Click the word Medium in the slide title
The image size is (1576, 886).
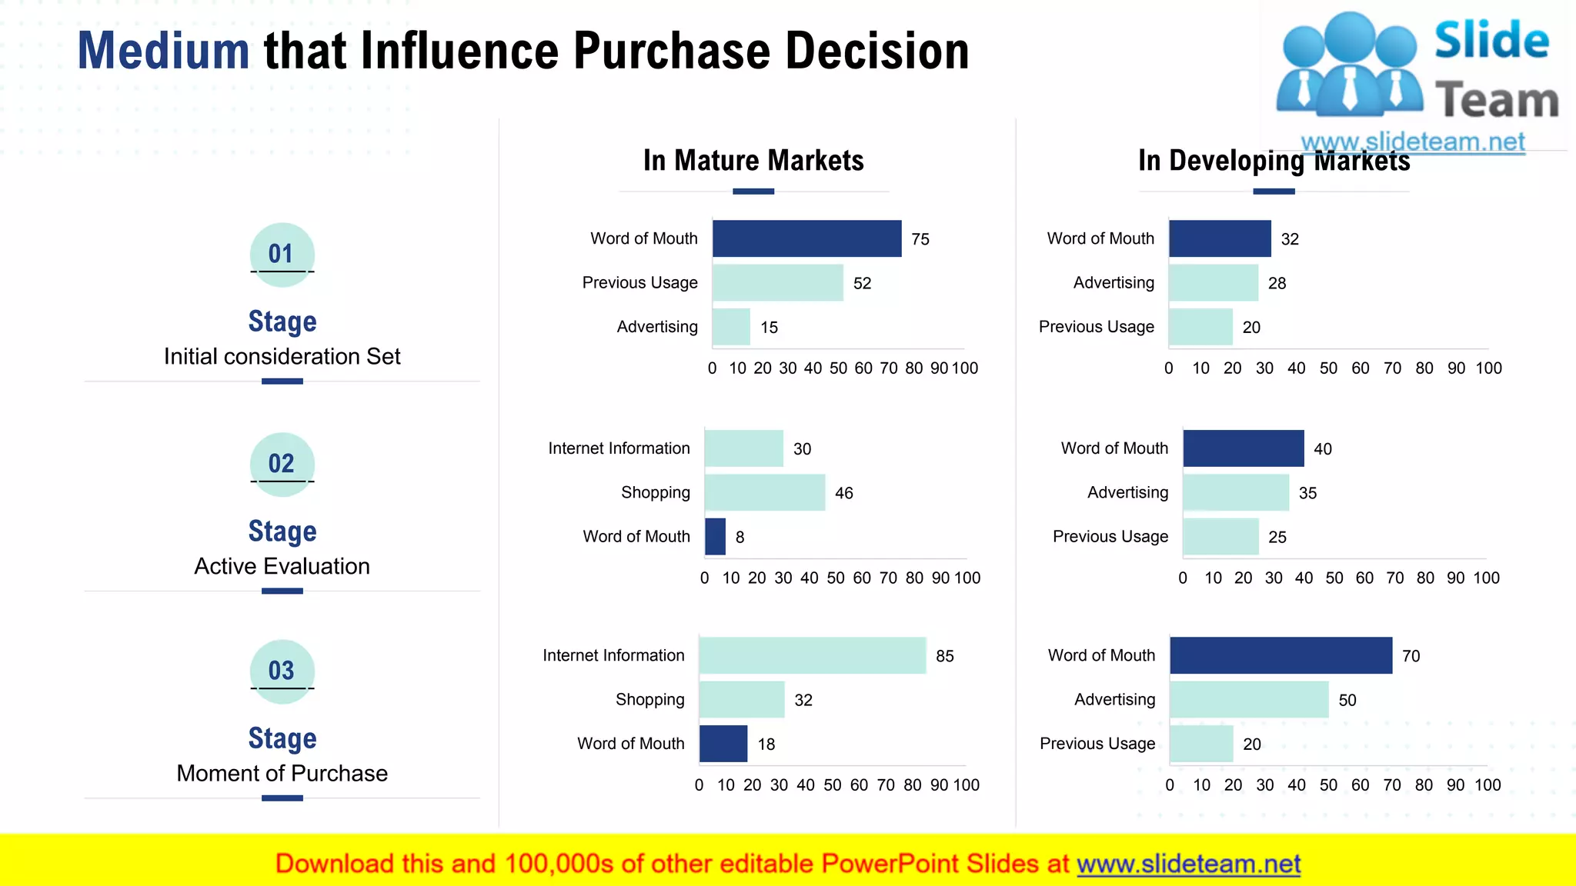(x=163, y=51)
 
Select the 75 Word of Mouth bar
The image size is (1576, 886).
(x=806, y=238)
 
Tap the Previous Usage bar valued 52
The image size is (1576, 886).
(x=777, y=283)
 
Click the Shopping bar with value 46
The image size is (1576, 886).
(x=764, y=492)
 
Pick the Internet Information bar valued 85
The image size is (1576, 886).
(x=812, y=655)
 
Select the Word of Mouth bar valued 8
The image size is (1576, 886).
(x=715, y=537)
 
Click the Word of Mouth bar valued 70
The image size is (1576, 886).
(x=1280, y=655)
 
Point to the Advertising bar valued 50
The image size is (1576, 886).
(x=1248, y=700)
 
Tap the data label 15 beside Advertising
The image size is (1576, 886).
(x=769, y=328)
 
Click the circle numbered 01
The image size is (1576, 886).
(x=282, y=254)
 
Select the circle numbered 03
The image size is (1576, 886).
(x=282, y=671)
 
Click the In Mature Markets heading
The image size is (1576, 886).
(x=753, y=161)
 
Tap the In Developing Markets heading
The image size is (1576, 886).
(x=1274, y=161)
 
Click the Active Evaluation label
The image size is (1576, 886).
(x=282, y=567)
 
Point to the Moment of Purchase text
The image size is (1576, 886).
(x=282, y=774)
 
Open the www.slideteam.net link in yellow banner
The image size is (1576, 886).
(x=1188, y=864)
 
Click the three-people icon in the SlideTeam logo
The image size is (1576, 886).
(x=1348, y=65)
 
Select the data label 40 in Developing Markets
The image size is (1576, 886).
(x=1322, y=449)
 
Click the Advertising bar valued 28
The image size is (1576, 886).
(x=1213, y=283)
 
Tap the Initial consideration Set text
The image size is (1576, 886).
(x=282, y=357)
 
